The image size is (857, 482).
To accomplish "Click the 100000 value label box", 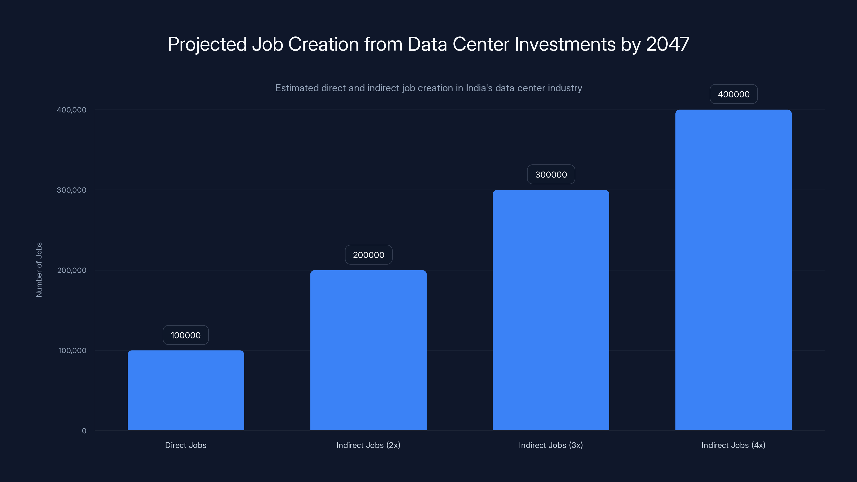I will [x=186, y=335].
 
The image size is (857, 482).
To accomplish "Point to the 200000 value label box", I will [x=368, y=255].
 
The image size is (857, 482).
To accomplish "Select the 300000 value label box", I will [x=551, y=174].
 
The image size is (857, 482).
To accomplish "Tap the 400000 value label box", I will [x=733, y=94].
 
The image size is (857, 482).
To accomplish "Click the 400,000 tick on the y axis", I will [x=71, y=110].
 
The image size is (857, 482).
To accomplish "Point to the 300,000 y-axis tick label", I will [x=71, y=190].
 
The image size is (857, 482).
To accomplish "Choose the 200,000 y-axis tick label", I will [x=72, y=270].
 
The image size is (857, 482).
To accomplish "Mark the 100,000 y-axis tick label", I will [x=72, y=350].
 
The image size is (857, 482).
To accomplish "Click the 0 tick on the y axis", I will [x=84, y=431].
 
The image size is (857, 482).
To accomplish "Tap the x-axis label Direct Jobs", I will [x=186, y=445].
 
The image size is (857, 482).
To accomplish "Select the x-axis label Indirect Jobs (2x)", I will [x=368, y=445].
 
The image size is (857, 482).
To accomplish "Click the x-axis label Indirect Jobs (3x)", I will [x=551, y=445].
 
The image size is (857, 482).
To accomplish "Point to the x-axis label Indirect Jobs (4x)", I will [x=733, y=445].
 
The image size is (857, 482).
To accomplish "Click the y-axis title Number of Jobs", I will [x=39, y=270].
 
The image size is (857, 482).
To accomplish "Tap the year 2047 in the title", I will [x=667, y=44].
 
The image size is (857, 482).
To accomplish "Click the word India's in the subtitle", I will [x=479, y=88].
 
